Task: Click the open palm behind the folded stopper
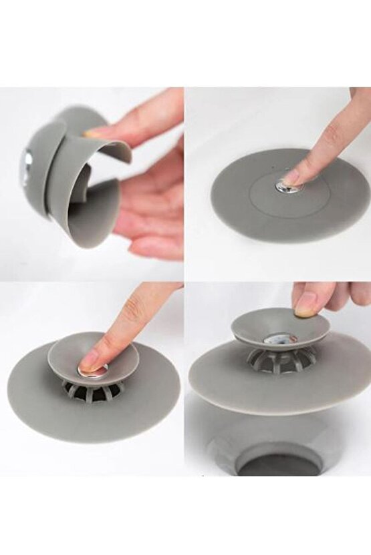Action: (150, 213)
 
